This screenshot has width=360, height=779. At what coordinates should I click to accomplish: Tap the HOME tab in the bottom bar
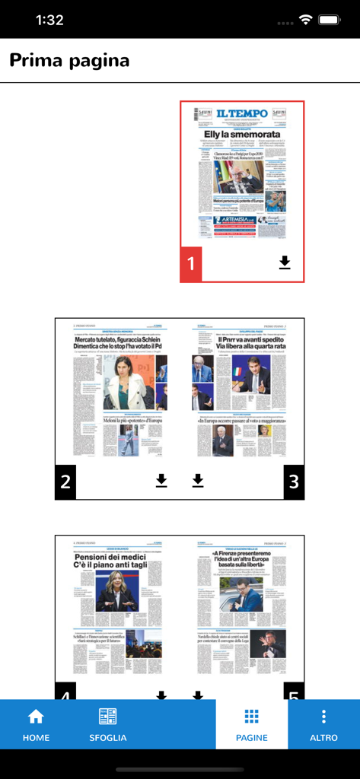pos(36,724)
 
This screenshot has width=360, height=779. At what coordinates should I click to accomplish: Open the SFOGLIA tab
pos(107,724)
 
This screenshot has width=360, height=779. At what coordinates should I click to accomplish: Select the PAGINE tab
pos(251,724)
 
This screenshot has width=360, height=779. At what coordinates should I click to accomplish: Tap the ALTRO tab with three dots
pos(323,724)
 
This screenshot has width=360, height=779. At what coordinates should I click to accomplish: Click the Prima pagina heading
pos(69,60)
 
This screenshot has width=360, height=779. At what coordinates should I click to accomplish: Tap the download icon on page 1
pos(285,262)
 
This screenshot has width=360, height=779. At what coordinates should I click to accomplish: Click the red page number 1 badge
pos(191,264)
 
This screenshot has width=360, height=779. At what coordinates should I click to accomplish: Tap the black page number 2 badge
pos(65,481)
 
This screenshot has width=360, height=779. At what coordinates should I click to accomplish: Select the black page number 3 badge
pos(294,481)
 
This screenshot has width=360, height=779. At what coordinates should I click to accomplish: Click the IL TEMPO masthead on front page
pos(241,114)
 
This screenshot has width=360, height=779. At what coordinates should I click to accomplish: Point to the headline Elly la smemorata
pos(241,134)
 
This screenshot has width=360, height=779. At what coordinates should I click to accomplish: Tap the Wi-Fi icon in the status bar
pos(306,21)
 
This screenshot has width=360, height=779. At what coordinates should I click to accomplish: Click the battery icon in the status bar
pos(330,21)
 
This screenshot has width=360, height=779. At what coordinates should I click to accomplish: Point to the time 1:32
pos(50,21)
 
